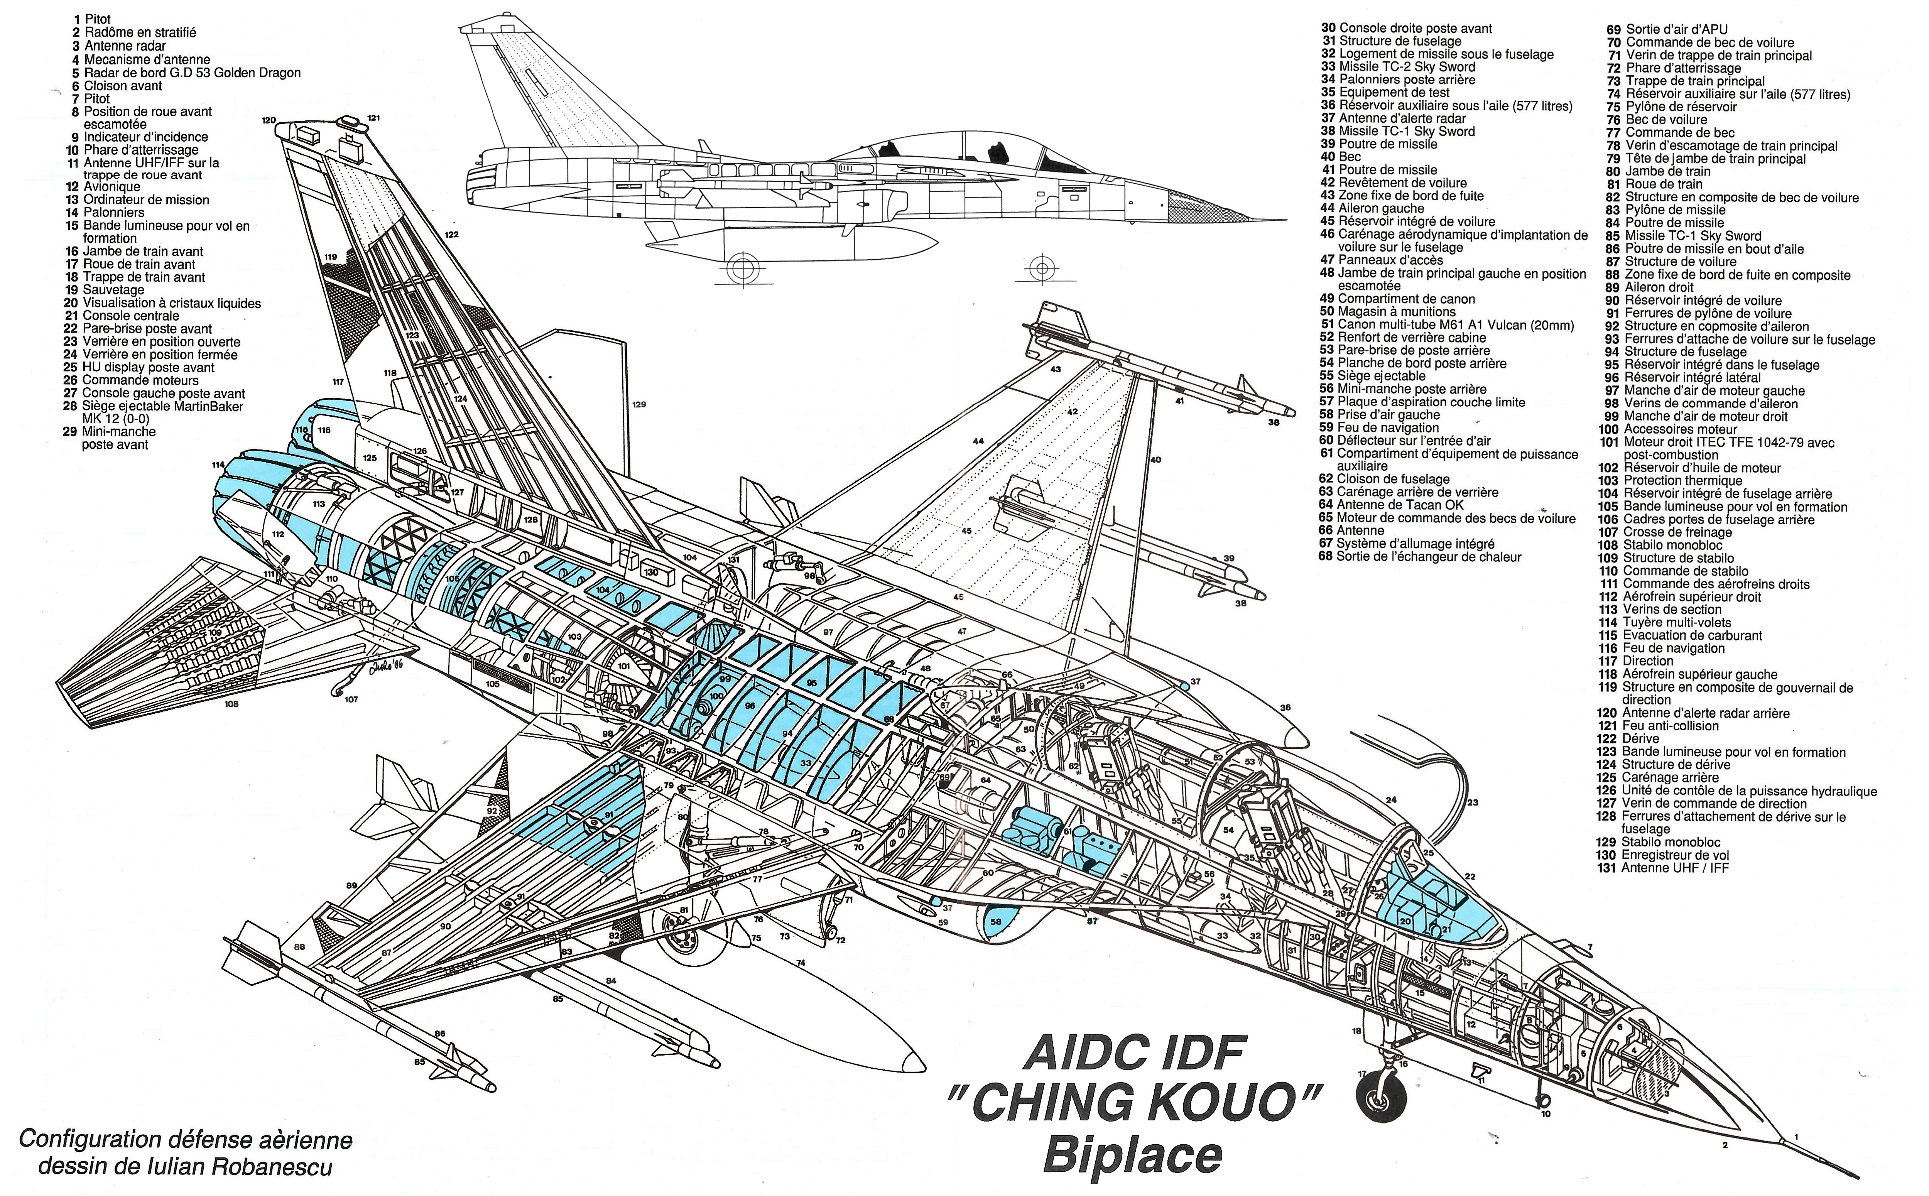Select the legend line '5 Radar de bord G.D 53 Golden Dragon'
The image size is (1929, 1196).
click(x=187, y=73)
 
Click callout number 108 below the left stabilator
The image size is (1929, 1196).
click(x=231, y=703)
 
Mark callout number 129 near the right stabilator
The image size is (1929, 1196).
click(x=639, y=404)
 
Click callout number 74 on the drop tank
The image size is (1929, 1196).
click(x=801, y=963)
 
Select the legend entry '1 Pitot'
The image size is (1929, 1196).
click(x=92, y=19)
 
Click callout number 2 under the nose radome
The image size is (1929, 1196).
click(x=1725, y=1145)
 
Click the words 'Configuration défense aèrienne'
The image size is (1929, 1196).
click(x=186, y=1140)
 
